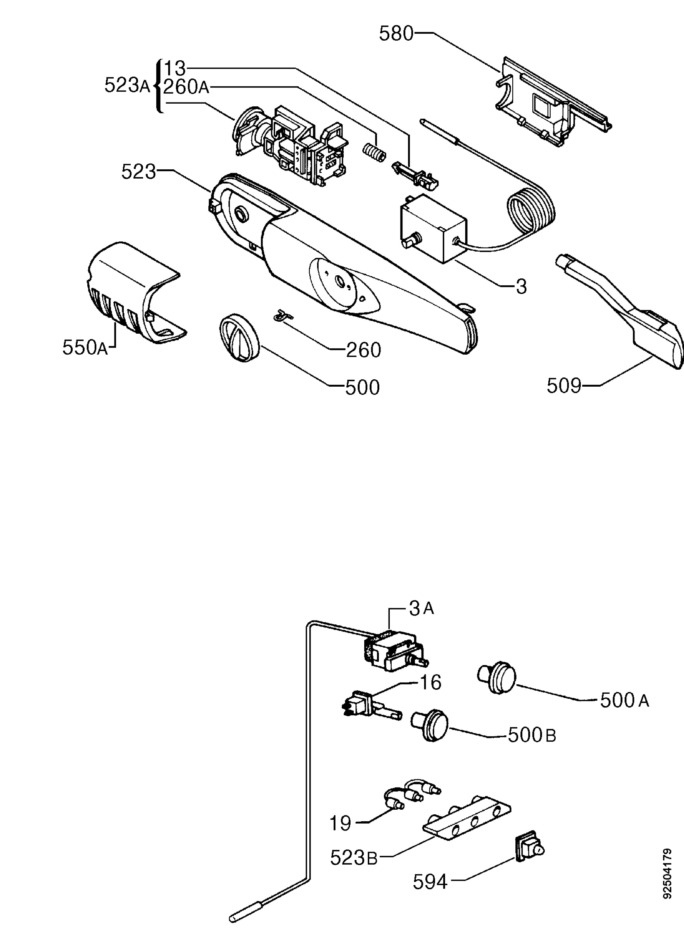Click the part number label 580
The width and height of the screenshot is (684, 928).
click(x=396, y=33)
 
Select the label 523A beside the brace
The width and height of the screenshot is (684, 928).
click(x=127, y=86)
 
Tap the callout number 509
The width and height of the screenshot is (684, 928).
click(x=564, y=386)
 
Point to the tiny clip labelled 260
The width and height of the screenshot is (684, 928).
click(x=282, y=316)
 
